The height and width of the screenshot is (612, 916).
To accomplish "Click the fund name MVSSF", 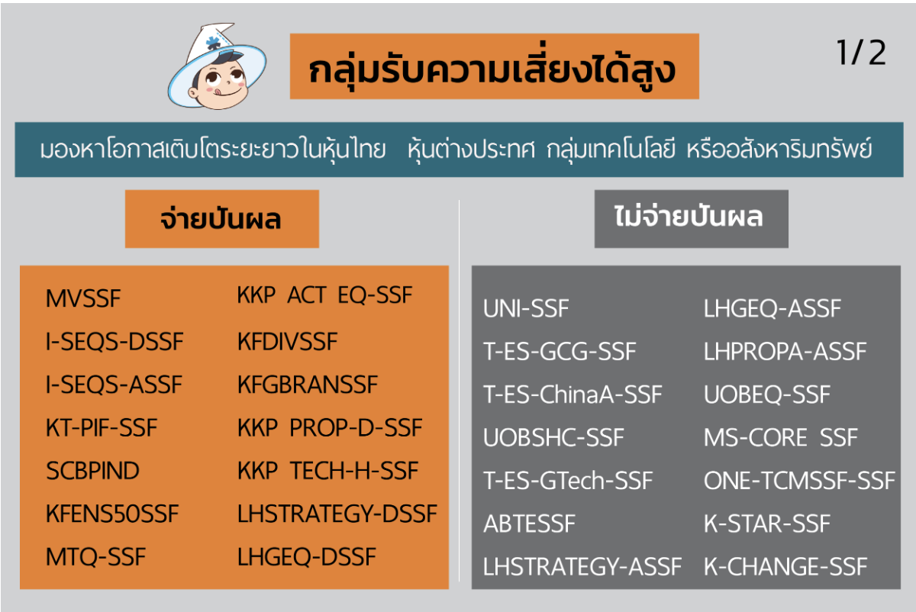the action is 83,298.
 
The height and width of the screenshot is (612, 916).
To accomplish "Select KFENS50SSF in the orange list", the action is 112,514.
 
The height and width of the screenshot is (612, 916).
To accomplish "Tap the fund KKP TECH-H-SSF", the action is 327,470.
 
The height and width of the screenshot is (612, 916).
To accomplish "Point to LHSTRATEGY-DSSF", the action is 337,514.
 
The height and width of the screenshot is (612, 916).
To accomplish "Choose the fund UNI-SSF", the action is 526,308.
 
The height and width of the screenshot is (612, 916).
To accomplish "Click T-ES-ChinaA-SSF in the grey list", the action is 572,395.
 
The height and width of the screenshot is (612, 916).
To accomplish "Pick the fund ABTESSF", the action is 529,523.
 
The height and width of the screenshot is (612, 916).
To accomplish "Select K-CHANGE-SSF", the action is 785,567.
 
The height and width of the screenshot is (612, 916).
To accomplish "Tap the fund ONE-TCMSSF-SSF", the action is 799,480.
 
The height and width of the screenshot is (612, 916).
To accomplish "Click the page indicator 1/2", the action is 861,53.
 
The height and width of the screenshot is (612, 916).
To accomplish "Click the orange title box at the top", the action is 495,66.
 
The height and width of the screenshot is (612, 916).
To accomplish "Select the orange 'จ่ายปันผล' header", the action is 222,219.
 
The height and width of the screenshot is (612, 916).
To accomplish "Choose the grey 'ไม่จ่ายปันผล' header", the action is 691,219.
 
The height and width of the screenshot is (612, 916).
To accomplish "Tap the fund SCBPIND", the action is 92,471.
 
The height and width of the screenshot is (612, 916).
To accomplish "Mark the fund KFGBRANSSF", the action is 308,385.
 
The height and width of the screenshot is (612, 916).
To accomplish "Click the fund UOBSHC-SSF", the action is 553,437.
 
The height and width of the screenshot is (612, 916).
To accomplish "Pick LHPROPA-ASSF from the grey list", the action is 785,351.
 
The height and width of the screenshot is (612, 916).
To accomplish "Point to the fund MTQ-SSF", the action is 95,557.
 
